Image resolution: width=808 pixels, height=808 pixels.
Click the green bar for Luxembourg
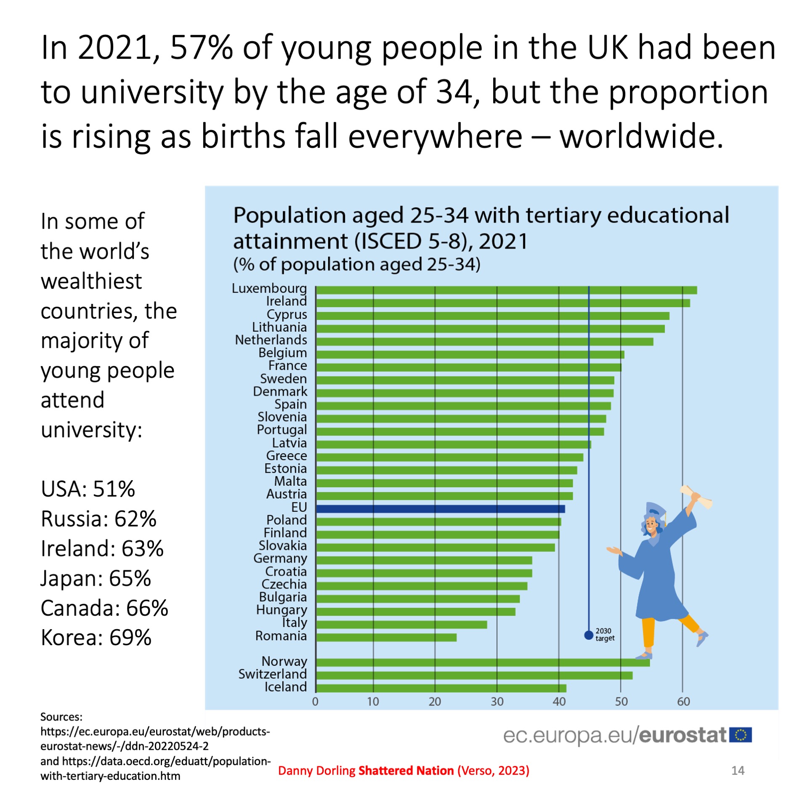505,290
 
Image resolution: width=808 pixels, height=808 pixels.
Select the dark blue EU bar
440,509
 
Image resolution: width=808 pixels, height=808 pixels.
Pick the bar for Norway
482,663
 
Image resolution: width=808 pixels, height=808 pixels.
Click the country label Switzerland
272,674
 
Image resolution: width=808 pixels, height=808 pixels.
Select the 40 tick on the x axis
558,702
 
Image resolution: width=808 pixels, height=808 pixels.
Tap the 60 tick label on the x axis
683,702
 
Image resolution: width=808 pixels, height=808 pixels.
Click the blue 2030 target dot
588,635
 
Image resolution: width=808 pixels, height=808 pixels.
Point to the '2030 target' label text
605,635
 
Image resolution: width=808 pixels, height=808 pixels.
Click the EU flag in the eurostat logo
740,735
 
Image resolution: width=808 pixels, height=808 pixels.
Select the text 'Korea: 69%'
96,638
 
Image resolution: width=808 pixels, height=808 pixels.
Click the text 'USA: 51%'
88,489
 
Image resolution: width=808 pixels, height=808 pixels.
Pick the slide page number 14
738,771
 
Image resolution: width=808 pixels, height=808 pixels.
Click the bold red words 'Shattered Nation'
406,771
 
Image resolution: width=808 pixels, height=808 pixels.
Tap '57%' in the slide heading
201,48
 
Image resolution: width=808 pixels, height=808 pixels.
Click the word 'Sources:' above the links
61,717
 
